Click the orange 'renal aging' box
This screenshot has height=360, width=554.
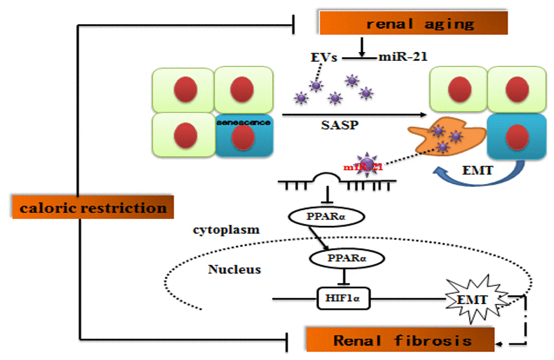tap(413, 23)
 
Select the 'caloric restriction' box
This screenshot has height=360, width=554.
tap(93, 207)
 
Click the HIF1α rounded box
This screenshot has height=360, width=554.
tap(343, 297)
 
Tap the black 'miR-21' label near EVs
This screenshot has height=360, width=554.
tap(403, 57)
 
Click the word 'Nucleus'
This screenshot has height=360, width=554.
tap(234, 269)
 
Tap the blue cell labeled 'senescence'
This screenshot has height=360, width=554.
tap(244, 135)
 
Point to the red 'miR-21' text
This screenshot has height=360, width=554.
tap(363, 167)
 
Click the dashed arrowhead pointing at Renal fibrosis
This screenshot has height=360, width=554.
tap(501, 343)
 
